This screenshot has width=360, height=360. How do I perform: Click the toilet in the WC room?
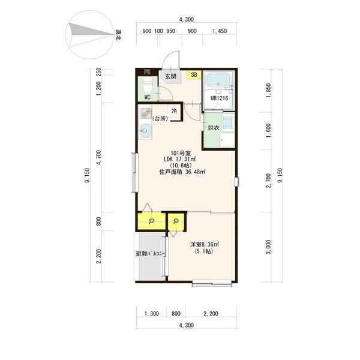click(x=148, y=85)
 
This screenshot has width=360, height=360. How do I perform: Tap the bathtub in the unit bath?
click(x=218, y=80)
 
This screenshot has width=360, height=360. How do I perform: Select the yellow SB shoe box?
click(x=194, y=74)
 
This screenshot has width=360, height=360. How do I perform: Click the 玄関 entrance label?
click(x=171, y=76)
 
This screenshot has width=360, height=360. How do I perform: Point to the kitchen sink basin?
click(x=146, y=131)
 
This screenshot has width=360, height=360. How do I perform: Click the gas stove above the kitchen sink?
click(x=146, y=113)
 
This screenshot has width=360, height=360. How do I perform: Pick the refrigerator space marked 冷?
click(x=175, y=112)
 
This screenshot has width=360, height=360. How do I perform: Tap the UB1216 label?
click(x=219, y=98)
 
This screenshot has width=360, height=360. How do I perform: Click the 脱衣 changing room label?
click(x=213, y=128)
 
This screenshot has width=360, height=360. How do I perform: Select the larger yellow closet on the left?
click(x=152, y=221)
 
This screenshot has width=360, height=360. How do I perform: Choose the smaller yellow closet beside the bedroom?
click(x=176, y=222)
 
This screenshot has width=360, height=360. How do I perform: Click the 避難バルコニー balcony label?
click(x=151, y=254)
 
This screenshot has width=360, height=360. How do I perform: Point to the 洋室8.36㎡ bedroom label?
click(x=205, y=244)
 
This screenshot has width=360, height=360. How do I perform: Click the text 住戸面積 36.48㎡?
click(x=182, y=172)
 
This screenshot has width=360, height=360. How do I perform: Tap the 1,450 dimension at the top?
click(x=220, y=31)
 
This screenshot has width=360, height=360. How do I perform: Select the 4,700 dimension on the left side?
click(x=99, y=157)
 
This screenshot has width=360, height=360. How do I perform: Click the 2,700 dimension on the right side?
click(x=268, y=181)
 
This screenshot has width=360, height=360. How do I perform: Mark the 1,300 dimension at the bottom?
click(x=152, y=314)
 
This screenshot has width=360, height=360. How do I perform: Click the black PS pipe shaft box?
click(x=147, y=72)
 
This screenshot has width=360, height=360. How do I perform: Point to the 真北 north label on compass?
click(x=119, y=35)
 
